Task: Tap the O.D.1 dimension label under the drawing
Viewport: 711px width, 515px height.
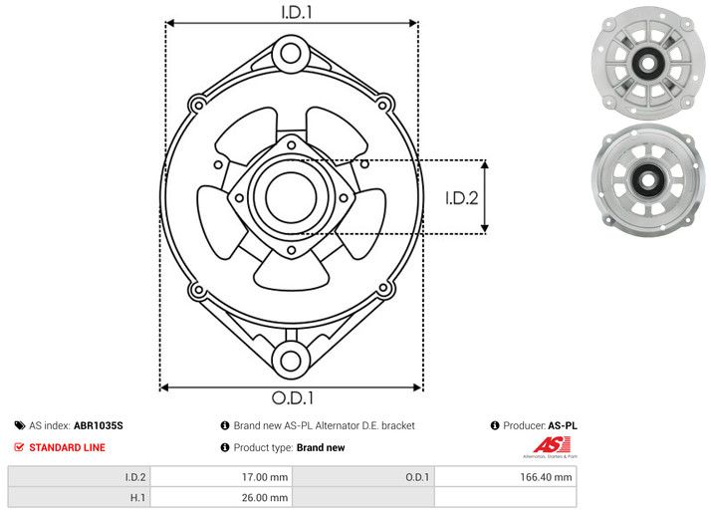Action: coord(292,398)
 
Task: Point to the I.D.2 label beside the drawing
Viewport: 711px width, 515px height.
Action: coord(462,197)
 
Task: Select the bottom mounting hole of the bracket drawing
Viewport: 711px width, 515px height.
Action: coord(291,360)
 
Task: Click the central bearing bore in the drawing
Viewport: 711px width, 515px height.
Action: coord(290,196)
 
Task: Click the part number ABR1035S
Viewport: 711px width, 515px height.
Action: coord(99,425)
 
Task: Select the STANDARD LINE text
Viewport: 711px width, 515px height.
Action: coord(67,447)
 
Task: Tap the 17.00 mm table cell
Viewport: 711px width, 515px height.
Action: coord(221,477)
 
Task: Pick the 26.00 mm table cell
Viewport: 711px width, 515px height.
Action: coord(221,497)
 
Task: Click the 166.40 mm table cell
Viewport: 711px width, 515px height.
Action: coord(506,477)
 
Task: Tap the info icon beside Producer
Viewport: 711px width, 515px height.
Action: coord(495,425)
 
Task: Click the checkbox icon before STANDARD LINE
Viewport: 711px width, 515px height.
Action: coord(19,447)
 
